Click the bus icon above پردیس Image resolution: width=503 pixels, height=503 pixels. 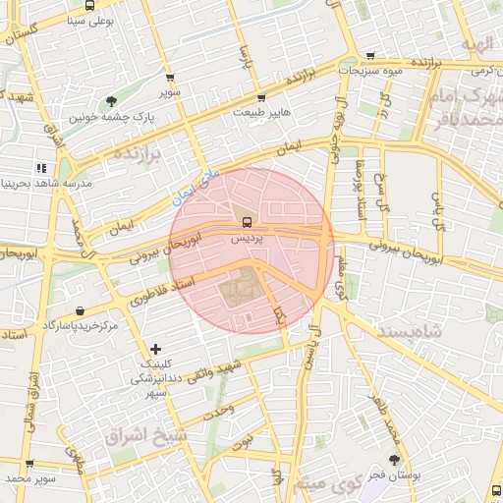246,221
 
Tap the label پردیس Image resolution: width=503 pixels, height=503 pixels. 246,238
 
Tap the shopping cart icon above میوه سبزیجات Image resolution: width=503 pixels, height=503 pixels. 369,56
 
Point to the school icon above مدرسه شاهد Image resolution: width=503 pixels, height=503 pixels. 41,168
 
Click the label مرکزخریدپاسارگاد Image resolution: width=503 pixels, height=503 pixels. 80,324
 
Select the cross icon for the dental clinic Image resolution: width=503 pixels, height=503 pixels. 156,349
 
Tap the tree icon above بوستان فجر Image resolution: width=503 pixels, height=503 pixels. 395,459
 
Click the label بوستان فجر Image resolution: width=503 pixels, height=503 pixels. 396,475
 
